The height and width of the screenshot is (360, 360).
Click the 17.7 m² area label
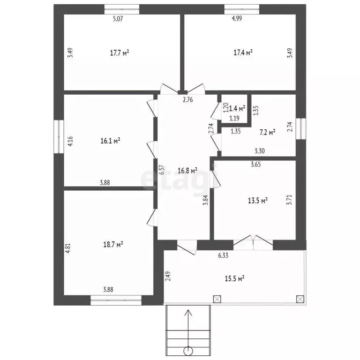pos(120,53)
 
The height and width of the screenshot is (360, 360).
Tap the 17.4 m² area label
pos(243,52)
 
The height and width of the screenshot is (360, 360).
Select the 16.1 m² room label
pos(111,141)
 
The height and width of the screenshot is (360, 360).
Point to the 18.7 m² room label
pos(113,244)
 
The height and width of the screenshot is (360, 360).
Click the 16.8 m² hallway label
pos(188,171)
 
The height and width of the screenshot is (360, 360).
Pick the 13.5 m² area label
pos(258,201)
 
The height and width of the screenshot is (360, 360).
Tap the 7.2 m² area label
pos(268,133)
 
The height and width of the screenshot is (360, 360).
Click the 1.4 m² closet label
pos(237,108)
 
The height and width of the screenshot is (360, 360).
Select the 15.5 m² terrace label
pos(234,279)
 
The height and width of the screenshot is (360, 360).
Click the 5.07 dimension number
pos(118,19)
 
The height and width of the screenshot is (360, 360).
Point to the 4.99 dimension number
pos(237,18)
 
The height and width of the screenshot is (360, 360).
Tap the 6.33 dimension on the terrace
pos(223,255)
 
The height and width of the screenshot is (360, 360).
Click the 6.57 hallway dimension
pos(162,170)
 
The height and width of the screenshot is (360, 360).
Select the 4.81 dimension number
pos(68,248)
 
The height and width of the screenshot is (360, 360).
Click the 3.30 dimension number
pos(259,151)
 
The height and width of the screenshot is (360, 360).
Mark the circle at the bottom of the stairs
pos(188,351)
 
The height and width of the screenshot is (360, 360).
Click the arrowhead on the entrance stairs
pos(188,313)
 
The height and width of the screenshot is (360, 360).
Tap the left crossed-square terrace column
pos(217,299)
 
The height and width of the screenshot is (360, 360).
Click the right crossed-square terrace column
pos(300,299)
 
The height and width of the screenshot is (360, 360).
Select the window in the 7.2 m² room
pos(301,128)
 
